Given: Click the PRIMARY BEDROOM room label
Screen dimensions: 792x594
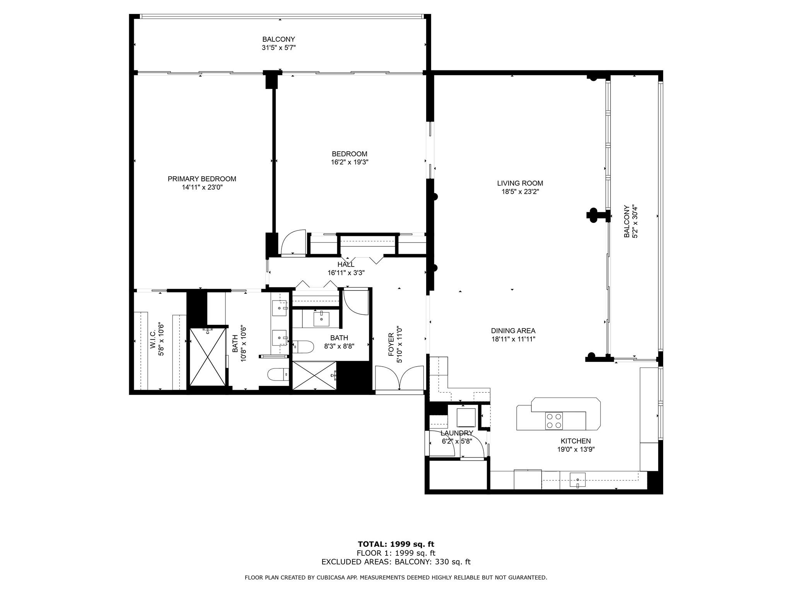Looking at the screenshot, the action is point(202,179).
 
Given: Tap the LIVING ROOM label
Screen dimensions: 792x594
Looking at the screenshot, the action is point(520,183).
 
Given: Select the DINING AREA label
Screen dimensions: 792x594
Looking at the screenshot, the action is point(513,331).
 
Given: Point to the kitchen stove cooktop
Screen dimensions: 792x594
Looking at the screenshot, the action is point(554,421).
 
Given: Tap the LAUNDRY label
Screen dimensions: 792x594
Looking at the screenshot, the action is point(457,433).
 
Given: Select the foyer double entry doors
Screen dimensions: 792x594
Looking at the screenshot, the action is point(400,378).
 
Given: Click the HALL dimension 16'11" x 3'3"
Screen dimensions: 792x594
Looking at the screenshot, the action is point(346,273).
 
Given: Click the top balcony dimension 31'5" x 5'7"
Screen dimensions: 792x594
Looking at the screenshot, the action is point(279,48).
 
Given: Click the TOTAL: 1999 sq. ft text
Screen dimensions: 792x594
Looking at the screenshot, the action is point(396,544).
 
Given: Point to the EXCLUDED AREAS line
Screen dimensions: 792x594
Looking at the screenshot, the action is point(396,562).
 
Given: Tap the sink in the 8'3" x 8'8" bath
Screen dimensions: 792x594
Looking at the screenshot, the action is point(321,319).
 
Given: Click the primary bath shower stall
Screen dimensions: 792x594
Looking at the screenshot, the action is point(208,357).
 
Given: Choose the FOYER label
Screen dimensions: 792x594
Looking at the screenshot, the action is point(391,345).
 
